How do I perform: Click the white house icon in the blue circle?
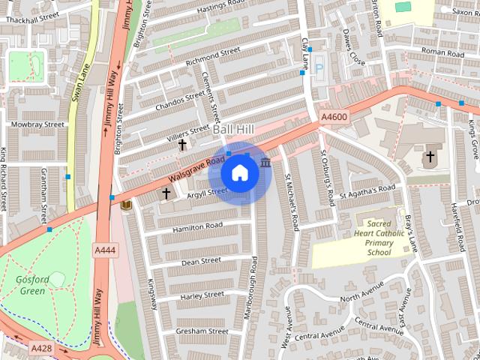[x=239, y=173]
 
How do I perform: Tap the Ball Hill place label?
[x=233, y=130]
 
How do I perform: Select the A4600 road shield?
[x=334, y=117]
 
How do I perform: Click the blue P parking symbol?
[x=318, y=67]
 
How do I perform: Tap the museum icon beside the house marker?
[x=265, y=163]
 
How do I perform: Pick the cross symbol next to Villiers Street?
[x=182, y=143]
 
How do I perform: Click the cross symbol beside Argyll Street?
[x=166, y=193]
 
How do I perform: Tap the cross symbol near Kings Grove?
[x=430, y=157]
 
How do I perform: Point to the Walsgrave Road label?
[x=196, y=169]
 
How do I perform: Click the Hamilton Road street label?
[x=197, y=226]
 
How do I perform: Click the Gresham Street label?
[x=202, y=331]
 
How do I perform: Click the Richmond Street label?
[x=212, y=55]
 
